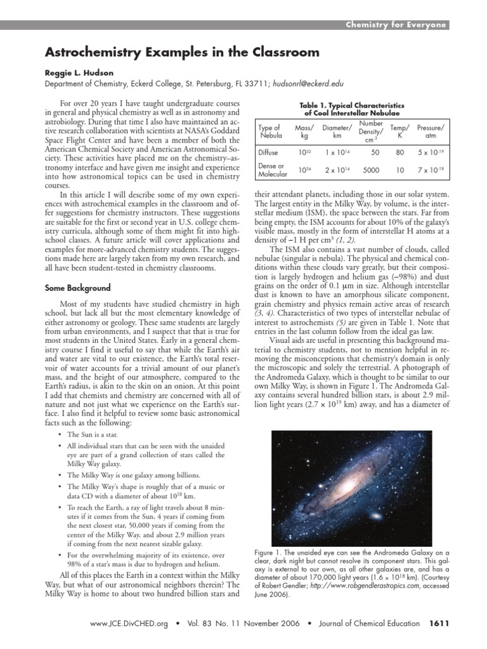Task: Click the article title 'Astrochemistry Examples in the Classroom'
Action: pyautogui.click(x=172, y=52)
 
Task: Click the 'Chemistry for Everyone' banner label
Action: pyautogui.click(x=396, y=25)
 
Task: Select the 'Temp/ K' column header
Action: pyautogui.click(x=399, y=132)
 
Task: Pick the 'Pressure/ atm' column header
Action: pyautogui.click(x=431, y=132)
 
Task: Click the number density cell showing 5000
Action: pyautogui.click(x=371, y=170)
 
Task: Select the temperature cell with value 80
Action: pyautogui.click(x=399, y=153)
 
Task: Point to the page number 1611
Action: pyautogui.click(x=439, y=624)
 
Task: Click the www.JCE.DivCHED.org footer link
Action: pyautogui.click(x=129, y=624)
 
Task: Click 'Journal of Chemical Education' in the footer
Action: pyautogui.click(x=369, y=624)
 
